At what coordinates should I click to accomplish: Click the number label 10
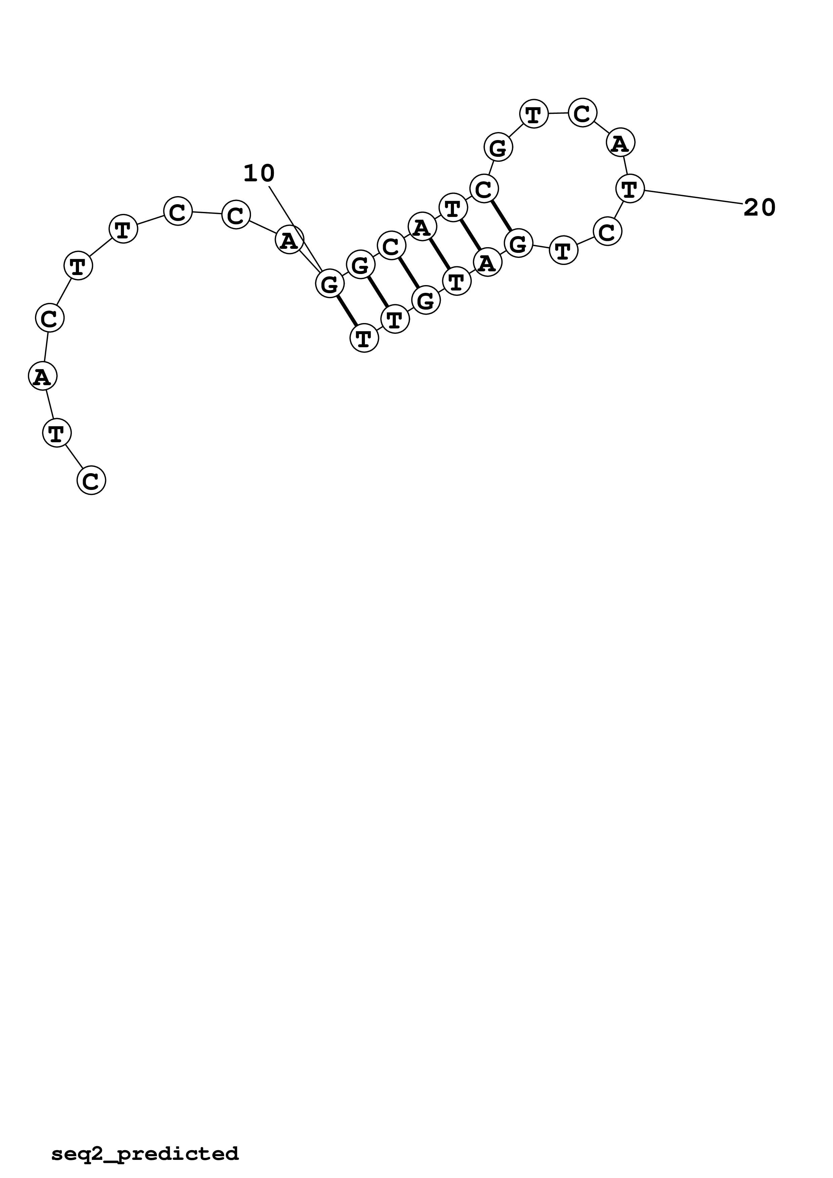[x=259, y=174]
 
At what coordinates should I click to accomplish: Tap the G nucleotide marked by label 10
[x=329, y=284]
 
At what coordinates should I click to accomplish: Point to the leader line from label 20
[x=693, y=197]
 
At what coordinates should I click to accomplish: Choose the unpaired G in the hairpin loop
[x=498, y=148]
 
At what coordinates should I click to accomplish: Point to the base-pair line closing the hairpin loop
[x=501, y=216]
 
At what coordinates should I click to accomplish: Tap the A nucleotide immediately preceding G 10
[x=289, y=240]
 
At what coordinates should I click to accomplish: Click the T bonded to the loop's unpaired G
[x=534, y=114]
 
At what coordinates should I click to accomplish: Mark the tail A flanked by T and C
[x=42, y=376]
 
